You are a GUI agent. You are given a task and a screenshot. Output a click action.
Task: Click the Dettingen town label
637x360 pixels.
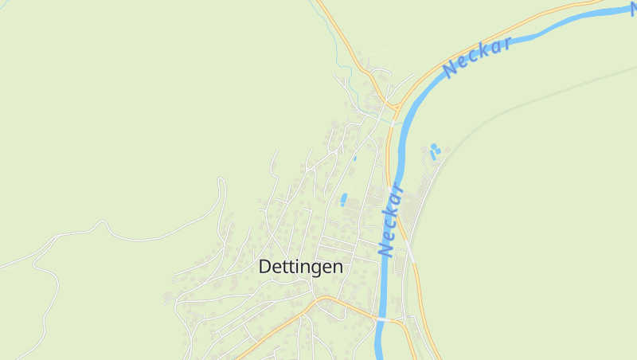tap(301, 268)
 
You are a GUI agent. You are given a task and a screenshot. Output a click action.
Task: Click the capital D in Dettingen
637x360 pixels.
tap(266, 268)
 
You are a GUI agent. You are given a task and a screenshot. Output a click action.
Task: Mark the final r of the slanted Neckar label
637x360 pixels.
tap(506, 44)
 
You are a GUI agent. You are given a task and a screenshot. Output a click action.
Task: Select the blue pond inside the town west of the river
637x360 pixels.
tap(344, 200)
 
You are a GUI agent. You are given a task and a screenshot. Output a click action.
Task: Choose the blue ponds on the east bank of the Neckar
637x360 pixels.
tap(434, 151)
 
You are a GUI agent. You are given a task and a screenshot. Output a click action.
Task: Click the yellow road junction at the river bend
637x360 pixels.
tap(391, 106)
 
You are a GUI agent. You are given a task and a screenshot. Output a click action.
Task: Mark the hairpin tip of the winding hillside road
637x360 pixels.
tap(222, 181)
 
